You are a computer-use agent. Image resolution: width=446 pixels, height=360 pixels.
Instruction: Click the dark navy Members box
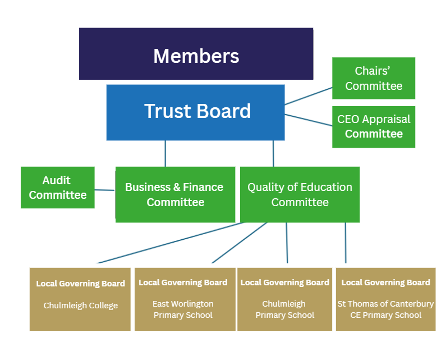coord(196,54)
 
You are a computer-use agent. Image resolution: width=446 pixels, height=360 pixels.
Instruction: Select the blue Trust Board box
coord(195,112)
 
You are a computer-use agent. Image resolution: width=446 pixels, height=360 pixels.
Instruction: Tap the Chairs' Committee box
coord(374,78)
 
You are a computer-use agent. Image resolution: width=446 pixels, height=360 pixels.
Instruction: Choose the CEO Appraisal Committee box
coord(374,127)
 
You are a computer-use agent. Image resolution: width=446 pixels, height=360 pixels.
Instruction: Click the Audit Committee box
coord(57,188)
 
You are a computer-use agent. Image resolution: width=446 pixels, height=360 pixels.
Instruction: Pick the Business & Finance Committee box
coord(175,194)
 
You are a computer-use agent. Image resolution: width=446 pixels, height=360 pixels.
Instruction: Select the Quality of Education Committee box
coord(300,194)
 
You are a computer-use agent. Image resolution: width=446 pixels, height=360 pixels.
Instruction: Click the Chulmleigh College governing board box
coord(80,299)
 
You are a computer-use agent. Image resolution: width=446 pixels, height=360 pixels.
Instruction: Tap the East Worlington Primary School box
coord(183,299)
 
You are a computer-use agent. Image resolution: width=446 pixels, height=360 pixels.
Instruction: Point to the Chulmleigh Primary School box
coord(285,299)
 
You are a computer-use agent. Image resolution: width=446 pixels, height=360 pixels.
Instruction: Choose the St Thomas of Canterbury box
coord(385,299)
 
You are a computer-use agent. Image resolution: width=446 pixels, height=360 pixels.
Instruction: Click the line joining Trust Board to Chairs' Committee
coord(309,95)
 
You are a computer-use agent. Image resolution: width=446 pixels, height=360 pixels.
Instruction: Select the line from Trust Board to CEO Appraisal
coord(309,121)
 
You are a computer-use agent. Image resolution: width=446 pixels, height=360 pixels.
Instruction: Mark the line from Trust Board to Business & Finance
coord(165,153)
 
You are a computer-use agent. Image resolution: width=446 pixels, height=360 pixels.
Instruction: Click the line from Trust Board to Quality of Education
coord(273,153)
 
